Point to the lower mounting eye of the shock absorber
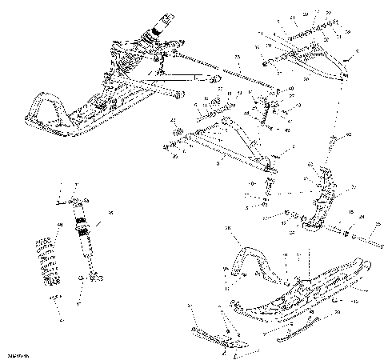pyautogui.click(x=94, y=277)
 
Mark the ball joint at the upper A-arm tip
pyautogui.click(x=345, y=75)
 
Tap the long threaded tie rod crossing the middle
pyautogui.click(x=224, y=68)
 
